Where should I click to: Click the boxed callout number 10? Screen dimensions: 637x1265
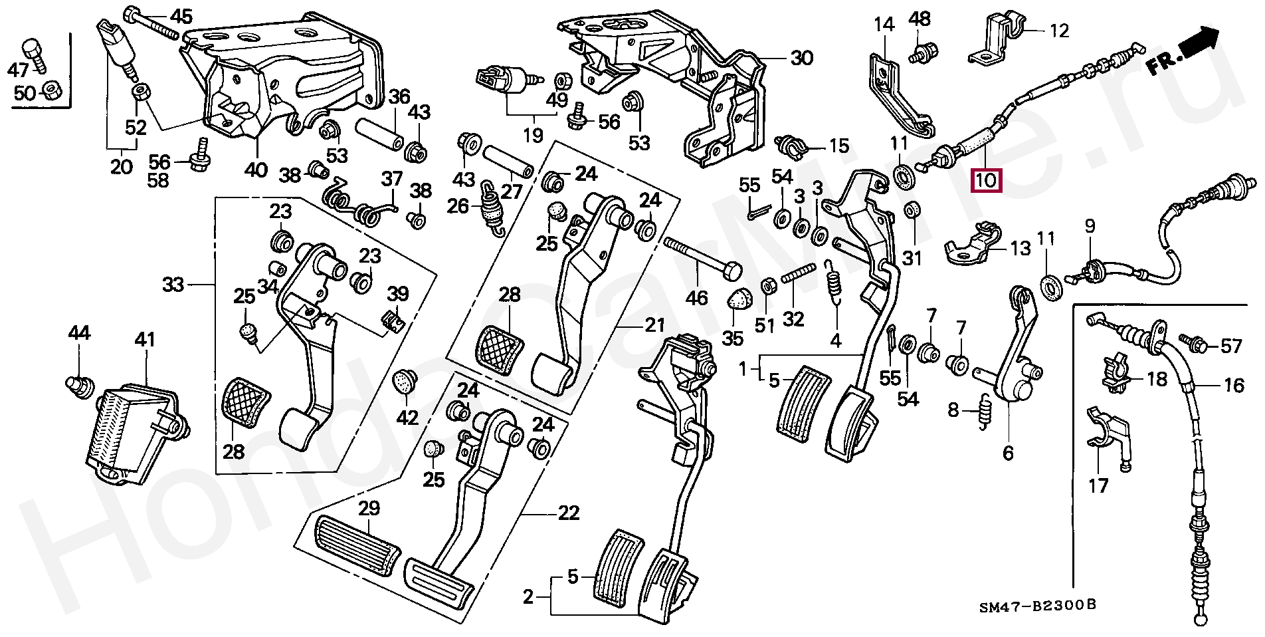click(986, 180)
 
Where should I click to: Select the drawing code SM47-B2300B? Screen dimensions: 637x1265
click(1037, 606)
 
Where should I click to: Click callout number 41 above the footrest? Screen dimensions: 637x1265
click(145, 340)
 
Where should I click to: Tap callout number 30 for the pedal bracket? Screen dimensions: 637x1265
click(802, 59)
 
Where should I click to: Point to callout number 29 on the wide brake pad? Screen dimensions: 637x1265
click(369, 509)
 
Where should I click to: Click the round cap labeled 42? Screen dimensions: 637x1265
click(405, 382)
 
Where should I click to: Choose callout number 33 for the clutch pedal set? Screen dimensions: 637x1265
click(173, 285)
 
